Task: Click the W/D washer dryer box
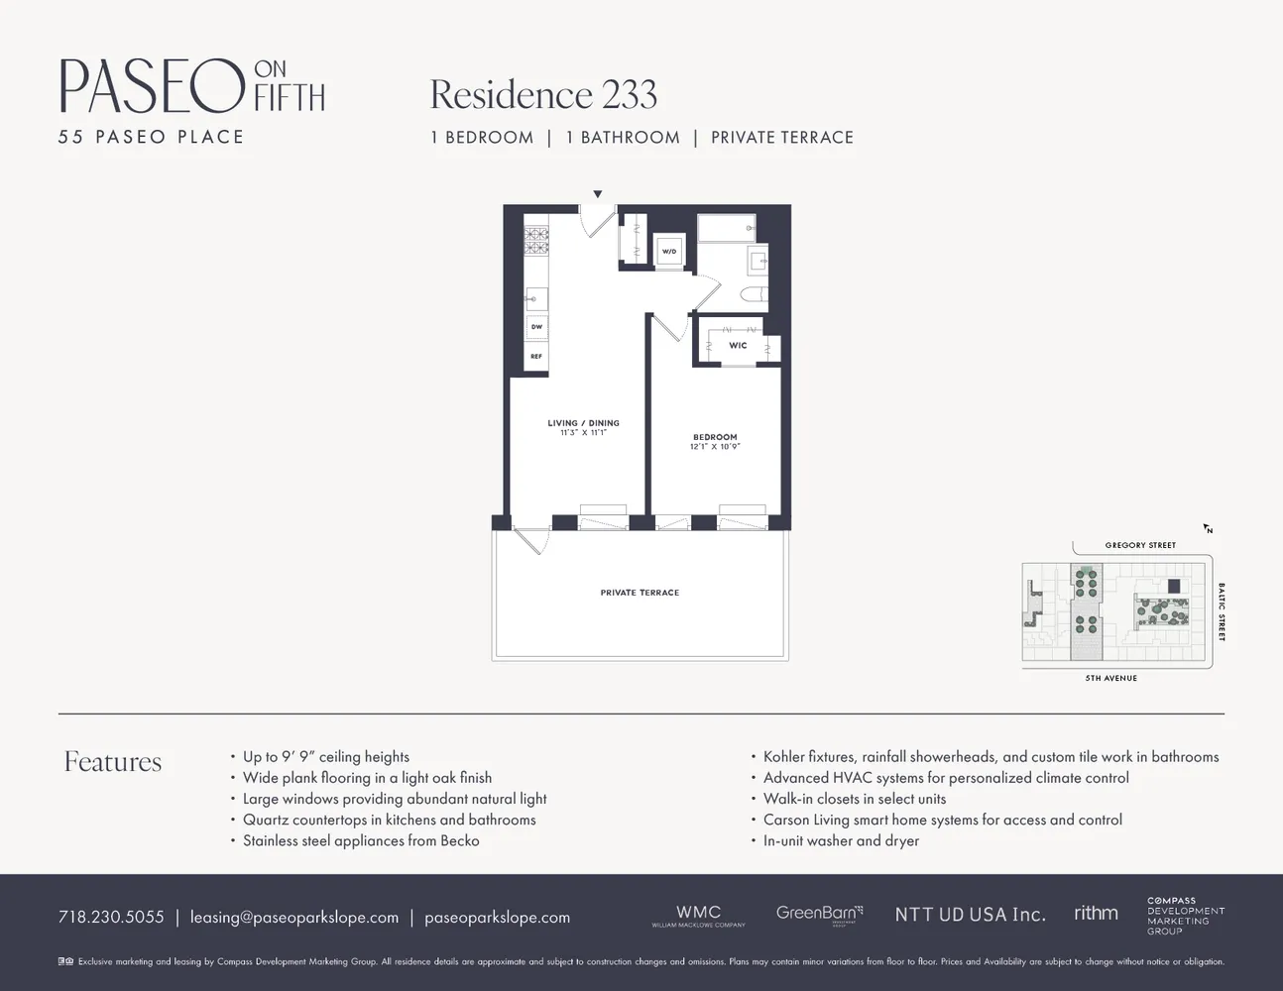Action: coord(669,252)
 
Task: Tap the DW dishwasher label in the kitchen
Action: coord(536,327)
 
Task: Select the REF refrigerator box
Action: coord(536,357)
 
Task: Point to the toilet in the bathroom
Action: coord(754,294)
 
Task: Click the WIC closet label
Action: coord(738,346)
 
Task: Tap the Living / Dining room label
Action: coord(583,423)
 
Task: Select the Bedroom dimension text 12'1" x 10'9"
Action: coord(715,447)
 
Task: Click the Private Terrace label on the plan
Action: coord(640,593)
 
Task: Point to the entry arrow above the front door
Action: coord(598,194)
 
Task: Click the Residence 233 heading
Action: coord(543,95)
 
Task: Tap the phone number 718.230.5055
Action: coord(111,917)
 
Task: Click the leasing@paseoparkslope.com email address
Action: coord(294,917)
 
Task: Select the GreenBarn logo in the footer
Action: coord(819,914)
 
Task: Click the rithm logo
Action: coord(1096,913)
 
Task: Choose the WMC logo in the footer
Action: coord(698,915)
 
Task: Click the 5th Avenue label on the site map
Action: coord(1110,678)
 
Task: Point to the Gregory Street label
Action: coord(1140,545)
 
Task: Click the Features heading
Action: coord(113,761)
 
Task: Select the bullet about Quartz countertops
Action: coord(389,820)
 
